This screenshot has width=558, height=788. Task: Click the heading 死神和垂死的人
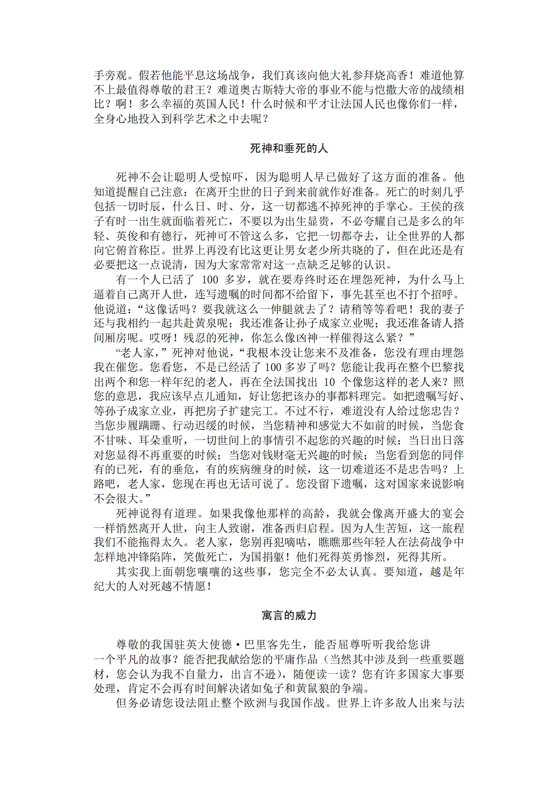pyautogui.click(x=289, y=148)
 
